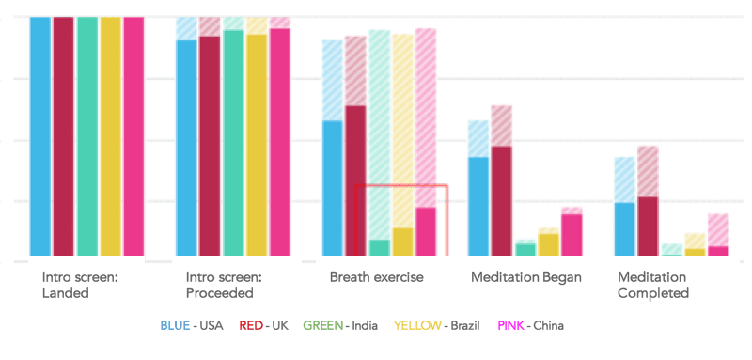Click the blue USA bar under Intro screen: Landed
pos(39,136)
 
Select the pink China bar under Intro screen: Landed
pos(133,136)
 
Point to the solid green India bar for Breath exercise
pos(379,247)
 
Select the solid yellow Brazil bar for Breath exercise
pos(402,242)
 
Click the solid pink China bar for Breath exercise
pos(426,231)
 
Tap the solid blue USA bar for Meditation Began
pos(478,206)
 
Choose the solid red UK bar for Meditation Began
pos(501,200)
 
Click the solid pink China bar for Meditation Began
pos(572,234)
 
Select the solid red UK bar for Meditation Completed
pos(648,226)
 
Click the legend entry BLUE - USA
pos(192,326)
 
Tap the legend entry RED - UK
pos(263,326)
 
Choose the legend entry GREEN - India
pos(340,326)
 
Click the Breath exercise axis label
pos(376,277)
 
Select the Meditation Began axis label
pos(525,277)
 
